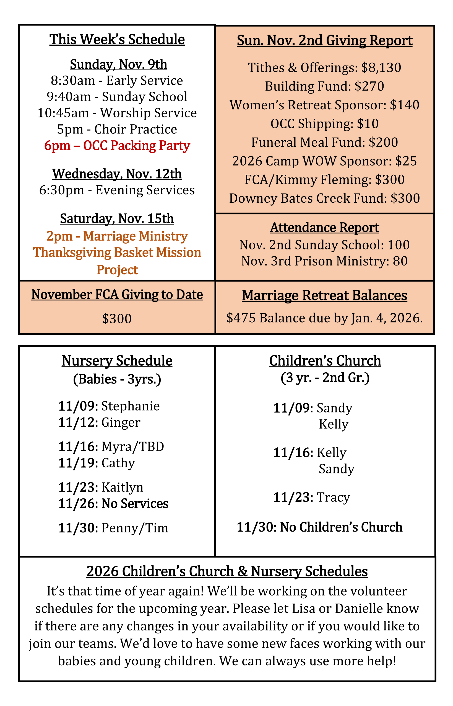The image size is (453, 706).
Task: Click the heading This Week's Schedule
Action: click(x=117, y=39)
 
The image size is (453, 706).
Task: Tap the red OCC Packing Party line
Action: click(x=117, y=145)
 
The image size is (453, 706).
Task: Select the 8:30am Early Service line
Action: click(x=117, y=80)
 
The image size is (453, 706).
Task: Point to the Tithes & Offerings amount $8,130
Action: click(x=381, y=68)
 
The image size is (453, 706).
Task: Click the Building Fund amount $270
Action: click(x=369, y=86)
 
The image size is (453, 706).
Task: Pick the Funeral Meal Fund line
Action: click(x=324, y=142)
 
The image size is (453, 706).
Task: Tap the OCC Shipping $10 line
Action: click(x=324, y=124)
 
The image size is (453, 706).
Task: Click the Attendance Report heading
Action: click(x=324, y=227)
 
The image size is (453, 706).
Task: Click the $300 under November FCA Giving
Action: click(x=117, y=319)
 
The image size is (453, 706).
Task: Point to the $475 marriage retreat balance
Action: click(x=241, y=318)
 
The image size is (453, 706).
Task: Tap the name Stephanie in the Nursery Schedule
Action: click(x=131, y=406)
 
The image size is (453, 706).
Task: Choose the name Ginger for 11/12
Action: click(x=121, y=422)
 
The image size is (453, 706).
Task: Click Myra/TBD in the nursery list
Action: click(x=133, y=447)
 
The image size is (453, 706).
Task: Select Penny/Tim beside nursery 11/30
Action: click(x=135, y=528)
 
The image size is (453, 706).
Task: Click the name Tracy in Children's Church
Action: click(x=334, y=497)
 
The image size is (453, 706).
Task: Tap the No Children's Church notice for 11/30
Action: click(x=319, y=527)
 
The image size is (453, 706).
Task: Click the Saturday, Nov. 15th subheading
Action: click(x=117, y=218)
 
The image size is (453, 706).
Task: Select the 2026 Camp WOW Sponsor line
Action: click(x=324, y=161)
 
